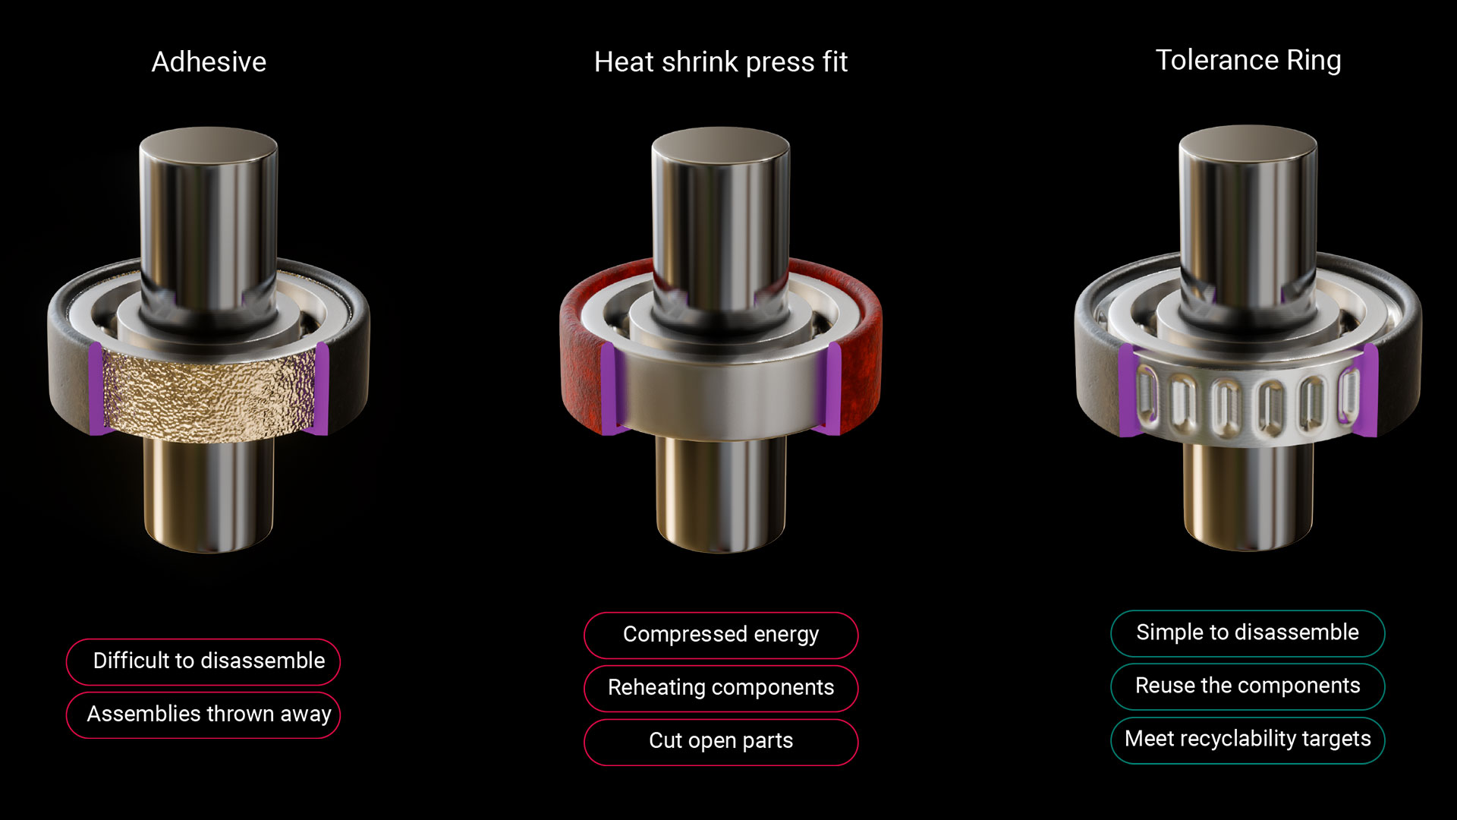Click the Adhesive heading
[209, 61]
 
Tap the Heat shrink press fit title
[720, 61]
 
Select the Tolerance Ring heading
[1248, 60]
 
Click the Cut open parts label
[721, 742]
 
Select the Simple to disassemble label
[1248, 633]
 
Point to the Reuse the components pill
[1248, 686]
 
